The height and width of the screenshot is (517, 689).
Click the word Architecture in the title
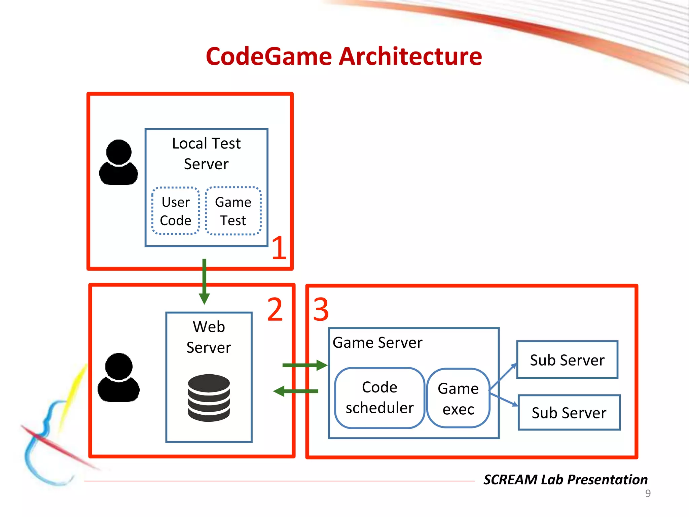point(410,56)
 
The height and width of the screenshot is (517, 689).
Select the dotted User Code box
point(176,211)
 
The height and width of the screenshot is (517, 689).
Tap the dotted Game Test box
point(233,211)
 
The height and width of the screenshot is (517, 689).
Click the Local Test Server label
point(206,153)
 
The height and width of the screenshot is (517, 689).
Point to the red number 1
point(279,248)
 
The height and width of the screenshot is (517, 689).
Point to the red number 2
point(275,309)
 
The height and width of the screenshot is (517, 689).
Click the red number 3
point(321,309)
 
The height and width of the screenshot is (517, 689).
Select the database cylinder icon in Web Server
point(209,398)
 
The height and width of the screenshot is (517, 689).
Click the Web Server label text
point(209,337)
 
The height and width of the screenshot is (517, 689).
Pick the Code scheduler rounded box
point(379,398)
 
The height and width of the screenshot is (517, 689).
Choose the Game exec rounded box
point(458,399)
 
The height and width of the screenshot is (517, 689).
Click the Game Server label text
point(377,343)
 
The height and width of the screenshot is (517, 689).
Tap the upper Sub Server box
point(567,360)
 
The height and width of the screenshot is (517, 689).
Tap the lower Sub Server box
point(569,413)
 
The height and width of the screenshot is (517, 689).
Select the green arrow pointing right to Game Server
point(304,365)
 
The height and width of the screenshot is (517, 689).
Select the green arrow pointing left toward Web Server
point(296,391)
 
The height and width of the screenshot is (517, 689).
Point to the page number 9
point(648,493)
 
